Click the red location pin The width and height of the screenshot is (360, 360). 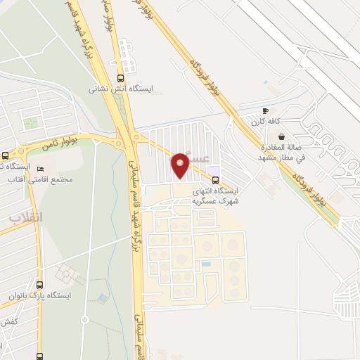click(180, 165)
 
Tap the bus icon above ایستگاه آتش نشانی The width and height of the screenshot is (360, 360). click(120, 78)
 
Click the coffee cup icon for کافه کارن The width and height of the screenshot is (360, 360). click(265, 111)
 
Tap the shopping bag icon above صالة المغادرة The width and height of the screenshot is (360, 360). click(281, 136)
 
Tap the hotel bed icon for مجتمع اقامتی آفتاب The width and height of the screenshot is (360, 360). click(40, 170)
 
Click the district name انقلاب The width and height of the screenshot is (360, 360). click(26, 217)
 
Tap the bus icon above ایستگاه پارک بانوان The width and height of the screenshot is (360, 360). click(39, 285)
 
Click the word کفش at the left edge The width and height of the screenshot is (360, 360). click(8, 321)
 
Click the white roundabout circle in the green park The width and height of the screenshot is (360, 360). click(84, 320)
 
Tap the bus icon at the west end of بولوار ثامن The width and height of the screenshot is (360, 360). click(6, 155)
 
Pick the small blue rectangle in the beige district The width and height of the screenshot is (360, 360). click(205, 264)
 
